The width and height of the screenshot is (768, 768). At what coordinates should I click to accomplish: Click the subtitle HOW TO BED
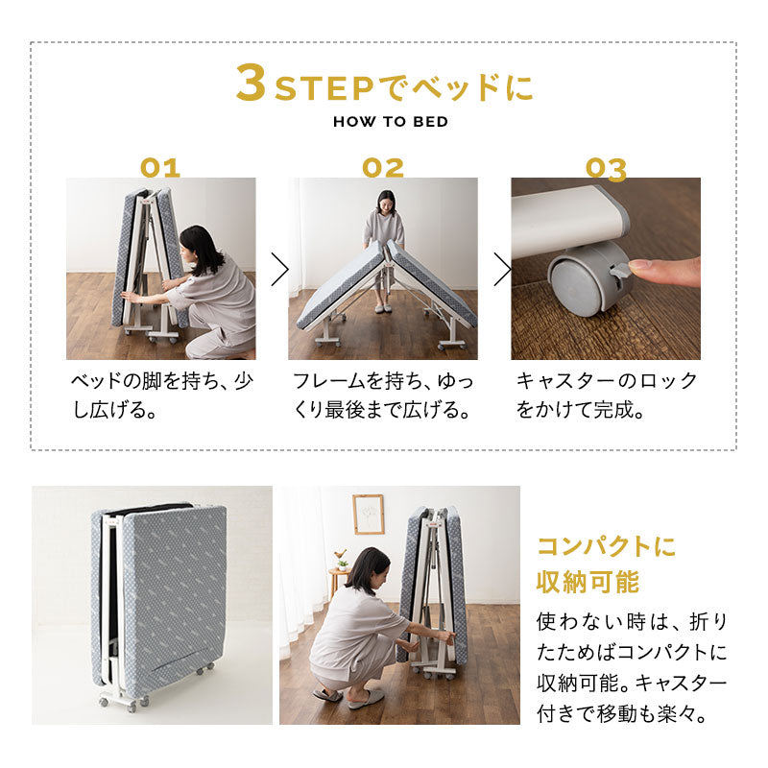(x=390, y=123)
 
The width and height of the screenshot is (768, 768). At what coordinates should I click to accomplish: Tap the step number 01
(x=160, y=168)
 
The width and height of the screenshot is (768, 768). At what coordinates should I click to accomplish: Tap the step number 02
(x=383, y=168)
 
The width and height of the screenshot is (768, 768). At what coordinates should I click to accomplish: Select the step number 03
(x=606, y=168)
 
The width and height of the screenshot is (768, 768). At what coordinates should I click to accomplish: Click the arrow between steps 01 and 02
(x=279, y=270)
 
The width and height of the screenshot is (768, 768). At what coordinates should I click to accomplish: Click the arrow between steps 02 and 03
(x=502, y=270)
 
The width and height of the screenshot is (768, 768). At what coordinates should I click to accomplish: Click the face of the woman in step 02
(x=385, y=203)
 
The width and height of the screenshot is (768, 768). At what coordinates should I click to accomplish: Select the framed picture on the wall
(x=368, y=515)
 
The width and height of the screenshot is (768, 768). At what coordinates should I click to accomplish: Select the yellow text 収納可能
(x=588, y=583)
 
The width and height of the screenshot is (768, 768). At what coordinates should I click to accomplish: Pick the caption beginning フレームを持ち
(x=383, y=396)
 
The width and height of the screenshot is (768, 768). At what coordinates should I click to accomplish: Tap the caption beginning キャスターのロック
(x=607, y=396)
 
